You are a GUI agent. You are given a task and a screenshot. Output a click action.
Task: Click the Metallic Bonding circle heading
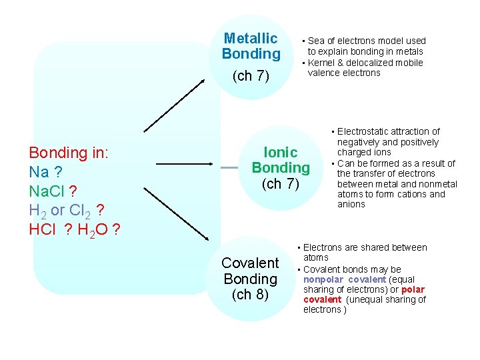[x=251, y=46]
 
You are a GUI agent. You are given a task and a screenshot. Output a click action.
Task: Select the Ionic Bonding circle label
[x=281, y=160]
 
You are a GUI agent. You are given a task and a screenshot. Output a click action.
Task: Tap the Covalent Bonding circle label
[x=250, y=271]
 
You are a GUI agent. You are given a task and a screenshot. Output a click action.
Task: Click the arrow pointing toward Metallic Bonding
[x=175, y=105]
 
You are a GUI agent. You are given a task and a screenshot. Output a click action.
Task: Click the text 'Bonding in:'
[x=69, y=153]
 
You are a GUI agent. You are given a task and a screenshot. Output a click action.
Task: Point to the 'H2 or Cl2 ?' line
[x=66, y=211]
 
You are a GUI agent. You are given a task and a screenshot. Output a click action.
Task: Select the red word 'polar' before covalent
[x=413, y=289]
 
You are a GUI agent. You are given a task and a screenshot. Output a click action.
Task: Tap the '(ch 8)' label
[x=250, y=295]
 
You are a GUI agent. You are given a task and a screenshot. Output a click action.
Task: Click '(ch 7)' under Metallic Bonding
[x=251, y=76]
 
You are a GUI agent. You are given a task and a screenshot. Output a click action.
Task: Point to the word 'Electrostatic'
[x=364, y=131]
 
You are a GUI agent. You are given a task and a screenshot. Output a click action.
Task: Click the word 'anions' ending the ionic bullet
[x=351, y=205]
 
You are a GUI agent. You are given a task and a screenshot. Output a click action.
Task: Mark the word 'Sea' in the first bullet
[x=316, y=41]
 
